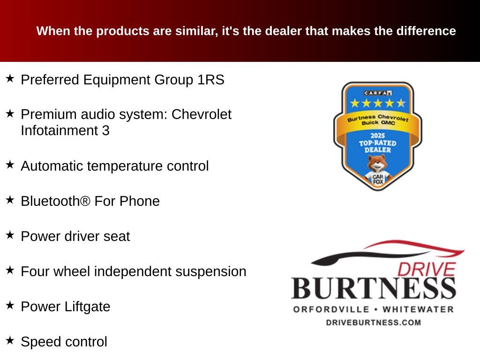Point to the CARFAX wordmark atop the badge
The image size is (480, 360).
coord(377,93)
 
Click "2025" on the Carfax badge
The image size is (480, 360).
coord(377,135)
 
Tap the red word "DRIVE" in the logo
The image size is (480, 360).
coord(426,269)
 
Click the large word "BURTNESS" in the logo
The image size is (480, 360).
coord(374,288)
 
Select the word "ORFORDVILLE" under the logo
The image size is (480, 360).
coord(330,309)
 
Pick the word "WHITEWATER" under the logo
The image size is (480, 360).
coord(418,309)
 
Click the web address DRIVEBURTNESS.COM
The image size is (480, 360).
coord(374,322)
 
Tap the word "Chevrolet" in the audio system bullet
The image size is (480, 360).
coord(202,114)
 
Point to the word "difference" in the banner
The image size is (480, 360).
coord(426,31)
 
